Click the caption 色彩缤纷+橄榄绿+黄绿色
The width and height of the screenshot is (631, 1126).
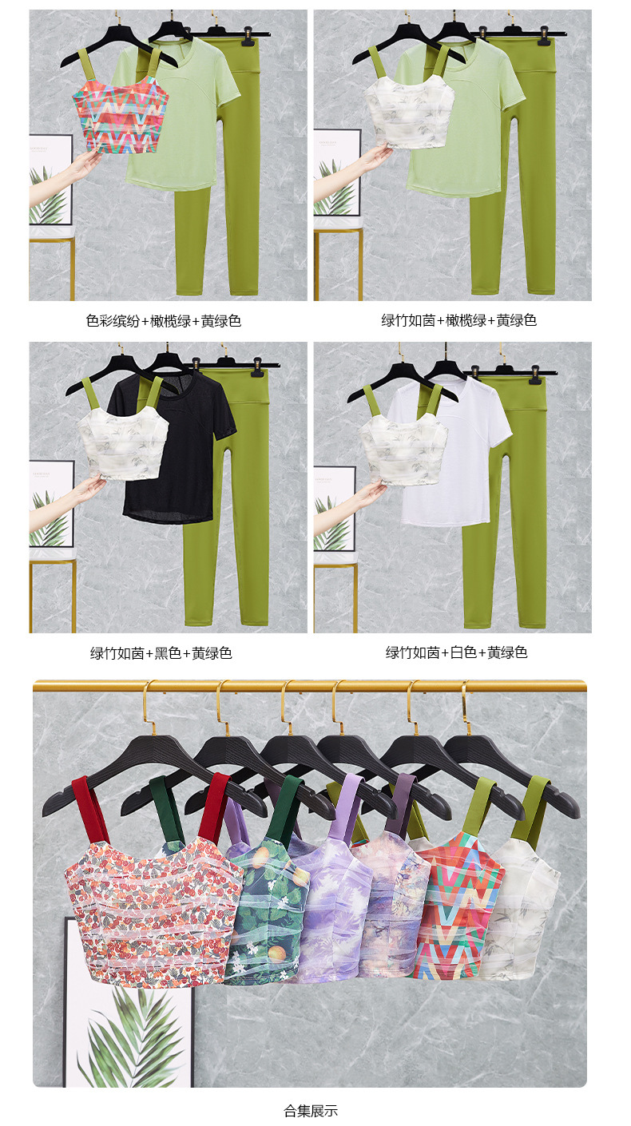pyautogui.click(x=164, y=321)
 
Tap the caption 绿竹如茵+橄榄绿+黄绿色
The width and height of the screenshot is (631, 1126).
pyautogui.click(x=458, y=320)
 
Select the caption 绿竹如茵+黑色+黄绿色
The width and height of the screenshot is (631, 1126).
pyautogui.click(x=161, y=653)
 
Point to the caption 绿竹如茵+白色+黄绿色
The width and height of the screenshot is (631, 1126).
pyautogui.click(x=456, y=652)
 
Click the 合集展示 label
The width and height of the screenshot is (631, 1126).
pyautogui.click(x=311, y=1110)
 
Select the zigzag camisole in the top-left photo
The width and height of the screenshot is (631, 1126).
pyautogui.click(x=121, y=110)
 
